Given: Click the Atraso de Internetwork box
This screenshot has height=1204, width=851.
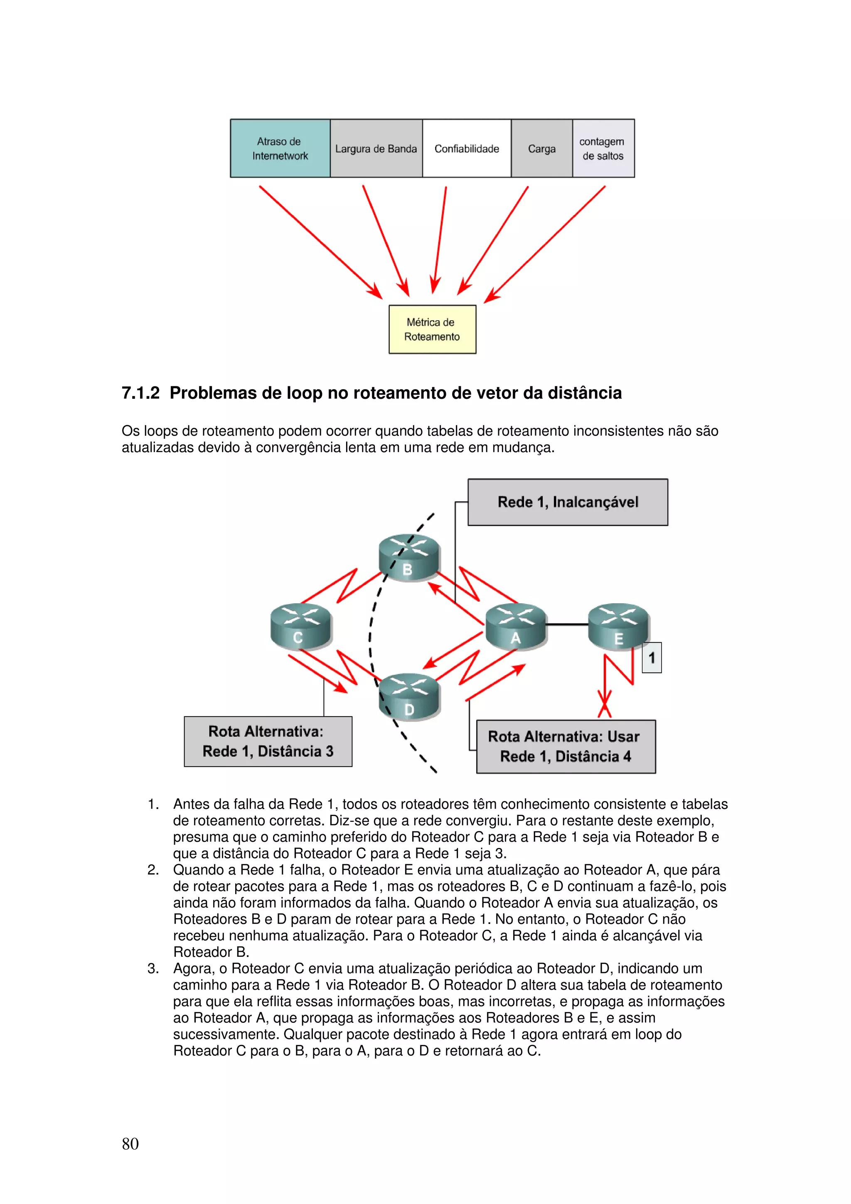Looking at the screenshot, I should coord(280,148).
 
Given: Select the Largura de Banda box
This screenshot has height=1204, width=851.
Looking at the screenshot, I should coord(376,148).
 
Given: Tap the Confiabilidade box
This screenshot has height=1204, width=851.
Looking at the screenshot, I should coord(467,148).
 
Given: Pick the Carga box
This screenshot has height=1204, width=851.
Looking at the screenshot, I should coord(542,148).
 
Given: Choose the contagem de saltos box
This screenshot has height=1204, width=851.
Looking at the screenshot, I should coord(603,148).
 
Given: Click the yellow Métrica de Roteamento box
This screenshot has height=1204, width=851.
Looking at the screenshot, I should coord(432,329).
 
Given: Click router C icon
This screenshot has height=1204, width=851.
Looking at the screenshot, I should coord(300,626).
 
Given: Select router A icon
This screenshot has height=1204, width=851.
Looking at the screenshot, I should coord(515,626).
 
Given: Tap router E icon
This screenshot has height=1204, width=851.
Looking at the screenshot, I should coord(618,626).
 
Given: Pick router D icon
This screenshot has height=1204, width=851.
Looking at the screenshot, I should coord(409,696).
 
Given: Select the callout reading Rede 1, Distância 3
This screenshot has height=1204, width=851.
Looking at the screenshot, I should coord(268,741).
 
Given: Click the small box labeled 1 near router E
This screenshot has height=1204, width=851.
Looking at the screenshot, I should coord(651,658).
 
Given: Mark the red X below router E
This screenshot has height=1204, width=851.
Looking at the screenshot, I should coord(605,704).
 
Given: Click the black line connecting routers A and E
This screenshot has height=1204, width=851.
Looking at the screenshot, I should coord(566,624).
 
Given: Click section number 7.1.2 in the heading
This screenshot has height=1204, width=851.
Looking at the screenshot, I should coord(140,393).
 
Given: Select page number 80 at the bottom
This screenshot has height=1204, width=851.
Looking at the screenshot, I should coord(130,1144).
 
